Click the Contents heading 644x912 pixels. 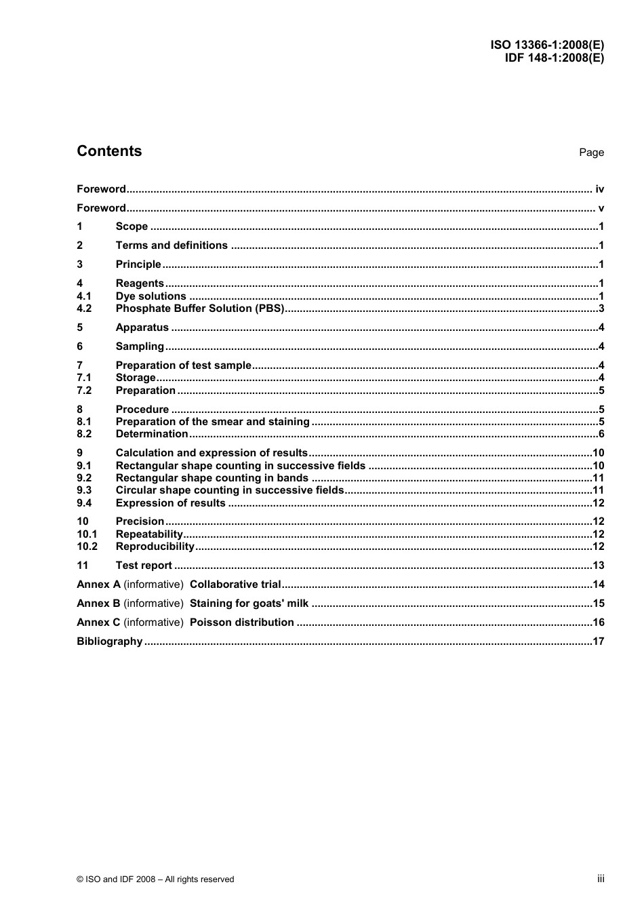(x=109, y=151)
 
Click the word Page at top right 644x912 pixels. (x=591, y=153)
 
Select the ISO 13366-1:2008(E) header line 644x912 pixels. (x=547, y=45)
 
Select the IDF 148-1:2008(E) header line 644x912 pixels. (x=554, y=58)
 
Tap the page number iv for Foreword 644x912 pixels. (x=599, y=189)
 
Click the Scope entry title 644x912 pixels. (x=132, y=226)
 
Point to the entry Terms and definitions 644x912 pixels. (x=172, y=245)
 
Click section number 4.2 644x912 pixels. (x=84, y=309)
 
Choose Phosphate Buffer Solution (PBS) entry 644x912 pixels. (x=200, y=309)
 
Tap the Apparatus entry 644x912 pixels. (x=142, y=328)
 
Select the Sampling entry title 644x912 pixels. (x=140, y=346)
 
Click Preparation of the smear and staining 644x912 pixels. (x=212, y=422)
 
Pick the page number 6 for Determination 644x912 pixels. (x=601, y=434)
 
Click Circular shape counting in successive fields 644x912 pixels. (x=230, y=490)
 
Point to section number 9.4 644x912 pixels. (x=84, y=503)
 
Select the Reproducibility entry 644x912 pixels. (x=155, y=547)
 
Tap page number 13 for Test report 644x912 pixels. (x=598, y=566)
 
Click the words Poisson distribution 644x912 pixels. (x=241, y=622)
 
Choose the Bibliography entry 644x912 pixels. (x=109, y=641)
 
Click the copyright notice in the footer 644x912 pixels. (x=155, y=879)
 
